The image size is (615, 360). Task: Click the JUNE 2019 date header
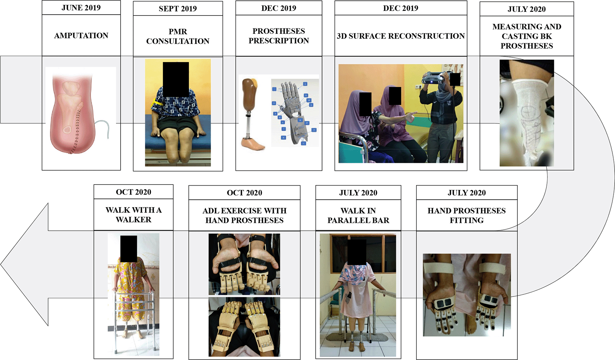[81, 8]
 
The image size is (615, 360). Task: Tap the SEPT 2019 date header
[178, 9]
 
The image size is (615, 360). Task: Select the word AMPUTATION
[81, 36]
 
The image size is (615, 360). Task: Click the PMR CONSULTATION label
[178, 36]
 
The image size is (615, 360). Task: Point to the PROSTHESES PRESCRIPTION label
[279, 36]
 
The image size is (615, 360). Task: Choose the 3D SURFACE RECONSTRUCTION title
[401, 36]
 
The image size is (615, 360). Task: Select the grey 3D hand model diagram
[295, 112]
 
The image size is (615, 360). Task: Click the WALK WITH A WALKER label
[134, 215]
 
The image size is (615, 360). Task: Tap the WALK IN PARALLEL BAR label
[358, 215]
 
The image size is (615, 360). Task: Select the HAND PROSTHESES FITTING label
[467, 215]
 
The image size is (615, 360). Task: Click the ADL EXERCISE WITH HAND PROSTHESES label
[244, 215]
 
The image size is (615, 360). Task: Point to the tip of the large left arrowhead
[1, 264]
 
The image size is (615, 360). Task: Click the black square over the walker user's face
[129, 249]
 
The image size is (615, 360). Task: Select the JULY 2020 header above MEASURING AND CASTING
[527, 9]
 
